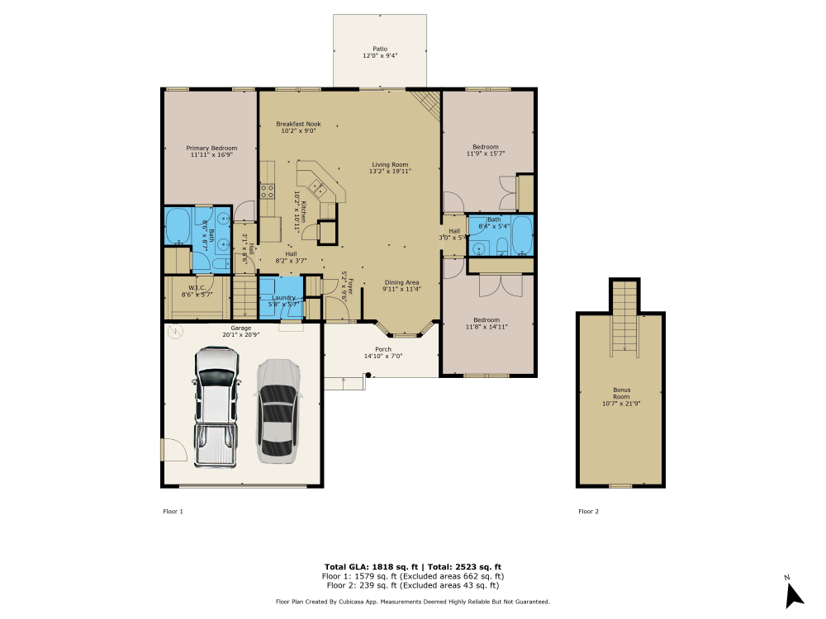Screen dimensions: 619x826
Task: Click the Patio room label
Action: (380, 53)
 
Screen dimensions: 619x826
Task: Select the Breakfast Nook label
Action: (298, 127)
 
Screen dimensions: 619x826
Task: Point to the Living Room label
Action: (390, 168)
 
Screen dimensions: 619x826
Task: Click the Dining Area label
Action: (401, 286)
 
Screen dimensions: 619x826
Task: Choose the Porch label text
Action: (383, 352)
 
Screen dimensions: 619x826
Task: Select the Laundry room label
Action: (283, 300)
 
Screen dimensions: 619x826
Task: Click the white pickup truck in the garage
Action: (216, 404)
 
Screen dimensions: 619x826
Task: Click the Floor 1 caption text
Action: (173, 512)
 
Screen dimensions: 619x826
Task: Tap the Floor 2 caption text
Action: (588, 512)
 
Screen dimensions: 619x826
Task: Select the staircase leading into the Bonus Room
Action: (625, 318)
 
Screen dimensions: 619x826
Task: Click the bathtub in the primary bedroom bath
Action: (178, 225)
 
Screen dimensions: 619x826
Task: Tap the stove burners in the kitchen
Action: (268, 191)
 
